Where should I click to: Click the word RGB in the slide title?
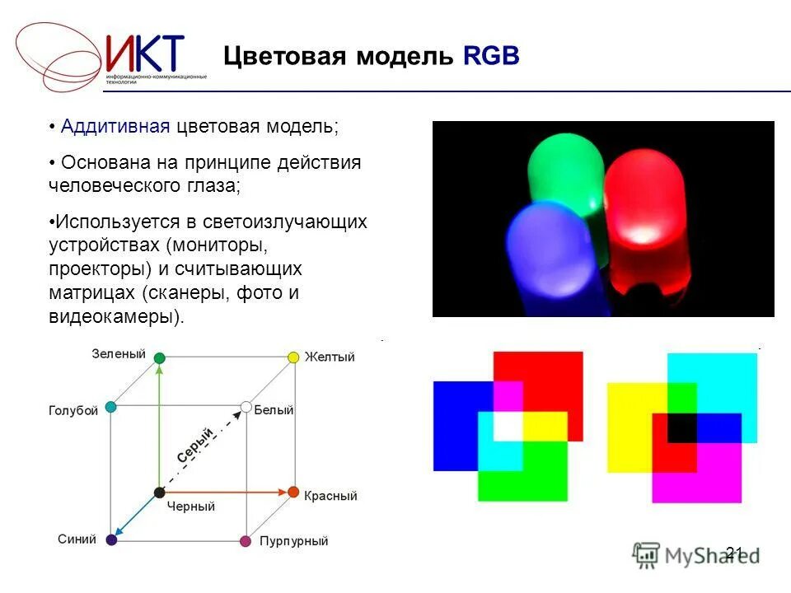[491, 57]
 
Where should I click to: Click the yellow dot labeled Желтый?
[293, 357]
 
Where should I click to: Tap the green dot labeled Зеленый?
[160, 357]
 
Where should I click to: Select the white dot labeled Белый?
[246, 407]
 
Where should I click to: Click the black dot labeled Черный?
[159, 493]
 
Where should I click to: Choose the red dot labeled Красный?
[293, 492]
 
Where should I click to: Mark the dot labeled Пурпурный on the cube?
[245, 541]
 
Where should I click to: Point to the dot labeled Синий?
[111, 540]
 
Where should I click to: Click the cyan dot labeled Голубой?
[111, 407]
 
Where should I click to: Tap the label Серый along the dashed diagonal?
[196, 448]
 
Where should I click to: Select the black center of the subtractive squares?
[681, 427]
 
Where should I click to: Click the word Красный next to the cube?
[330, 497]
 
